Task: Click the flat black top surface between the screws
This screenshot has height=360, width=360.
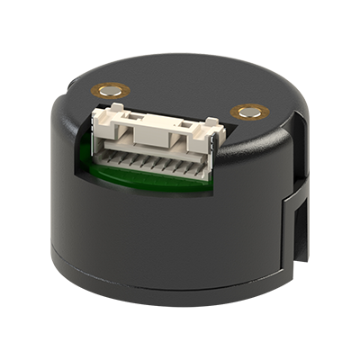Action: [180, 90]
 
